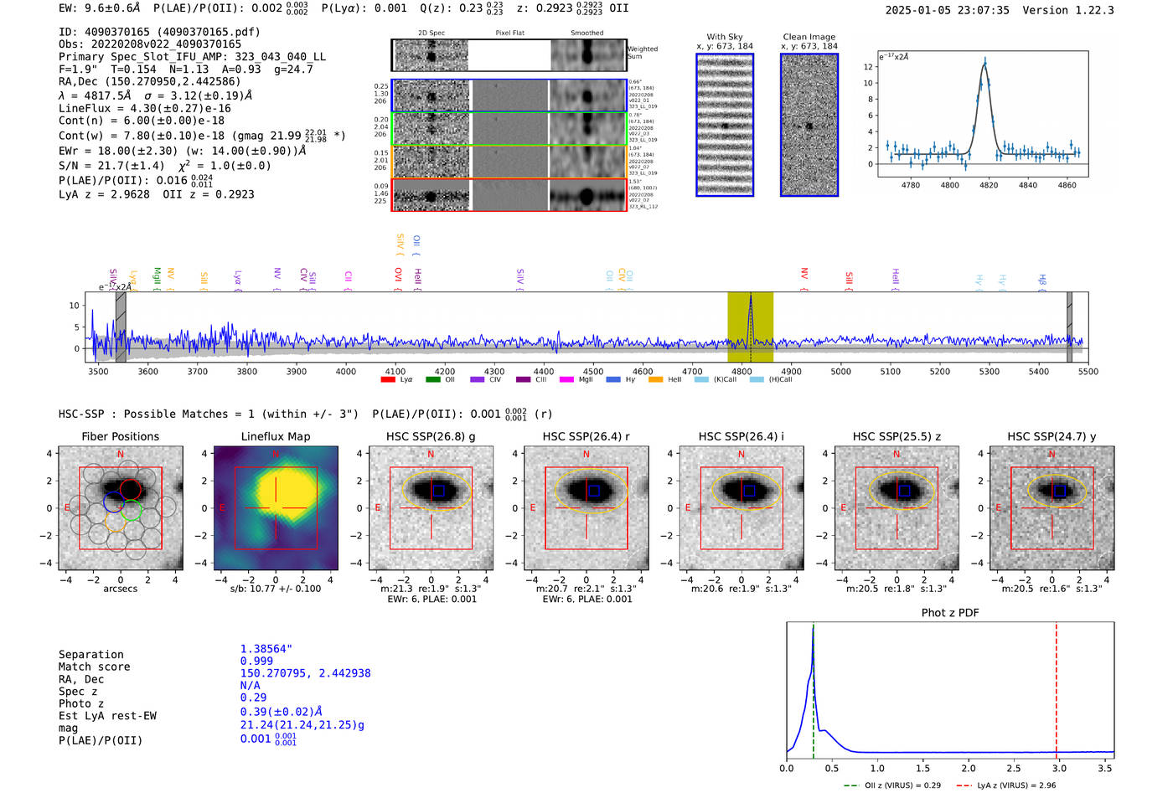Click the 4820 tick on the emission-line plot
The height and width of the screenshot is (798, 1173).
989,184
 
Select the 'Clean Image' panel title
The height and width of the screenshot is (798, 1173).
809,37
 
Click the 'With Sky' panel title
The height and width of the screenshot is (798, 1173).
725,37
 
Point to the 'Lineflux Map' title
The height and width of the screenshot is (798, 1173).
276,436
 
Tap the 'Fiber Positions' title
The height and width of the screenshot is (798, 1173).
120,436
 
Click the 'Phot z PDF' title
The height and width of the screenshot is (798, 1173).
950,613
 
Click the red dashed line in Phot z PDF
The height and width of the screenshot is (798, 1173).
1056,687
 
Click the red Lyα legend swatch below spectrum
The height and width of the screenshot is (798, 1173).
388,380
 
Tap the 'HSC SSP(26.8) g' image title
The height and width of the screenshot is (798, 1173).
431,436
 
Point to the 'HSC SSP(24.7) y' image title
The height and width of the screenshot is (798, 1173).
1052,436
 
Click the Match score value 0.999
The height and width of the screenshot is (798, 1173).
256,662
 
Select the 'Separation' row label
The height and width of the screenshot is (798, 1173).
91,655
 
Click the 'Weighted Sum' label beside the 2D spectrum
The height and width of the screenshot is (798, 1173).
643,53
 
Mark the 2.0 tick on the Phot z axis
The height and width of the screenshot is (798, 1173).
969,768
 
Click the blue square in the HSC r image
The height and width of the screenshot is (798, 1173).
594,491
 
